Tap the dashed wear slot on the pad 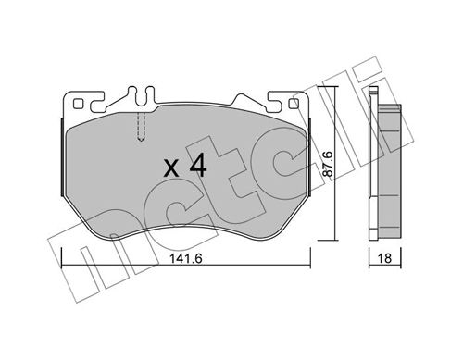pos(140,125)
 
